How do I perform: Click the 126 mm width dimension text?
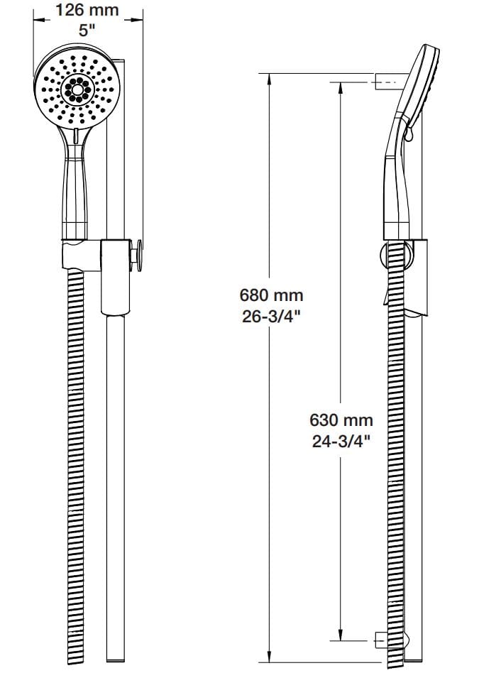[x=87, y=11]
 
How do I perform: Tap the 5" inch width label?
[x=87, y=31]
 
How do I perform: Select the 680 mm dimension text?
[x=270, y=293]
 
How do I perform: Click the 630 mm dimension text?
[x=343, y=420]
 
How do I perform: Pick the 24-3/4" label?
[x=343, y=441]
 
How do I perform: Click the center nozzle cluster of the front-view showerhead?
[x=75, y=87]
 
